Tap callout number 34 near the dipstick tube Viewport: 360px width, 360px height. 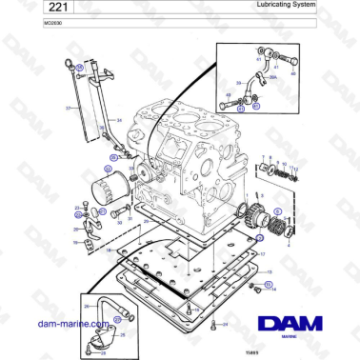[x=119, y=120]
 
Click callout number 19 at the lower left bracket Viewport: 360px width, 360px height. [x=75, y=242]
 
